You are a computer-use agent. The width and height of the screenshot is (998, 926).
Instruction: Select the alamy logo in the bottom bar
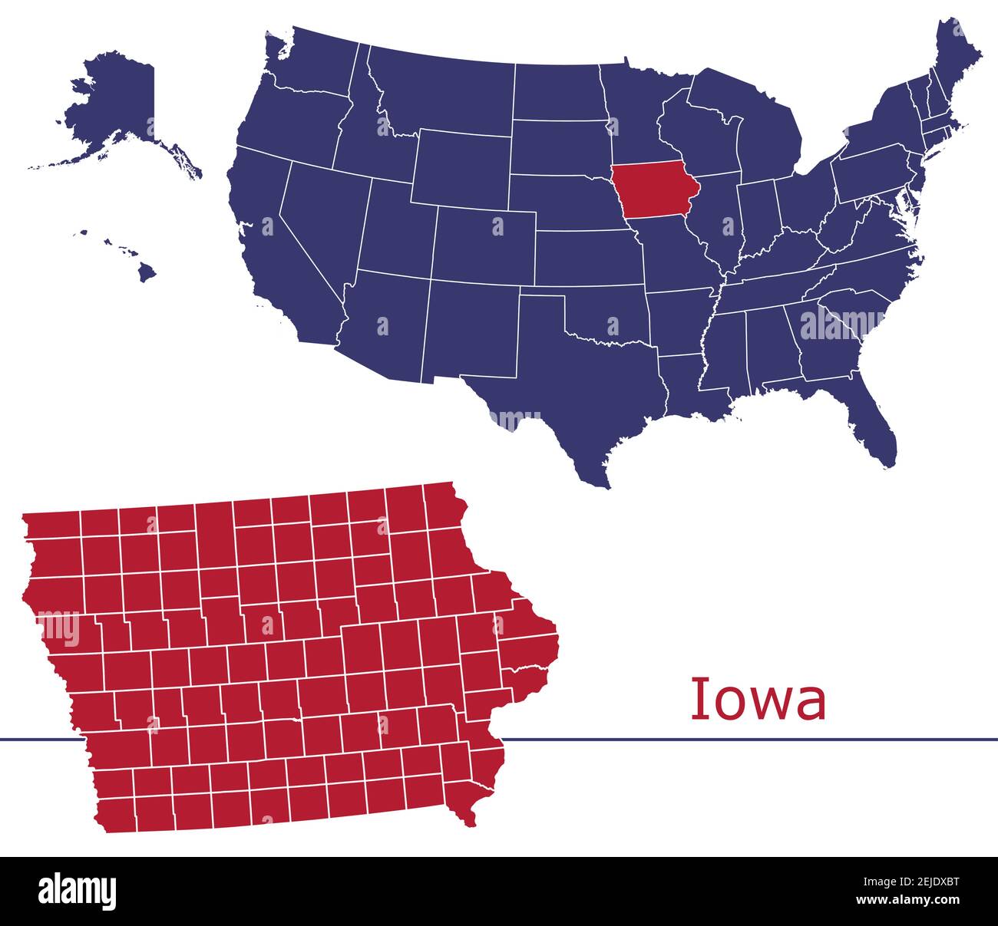point(78,891)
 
